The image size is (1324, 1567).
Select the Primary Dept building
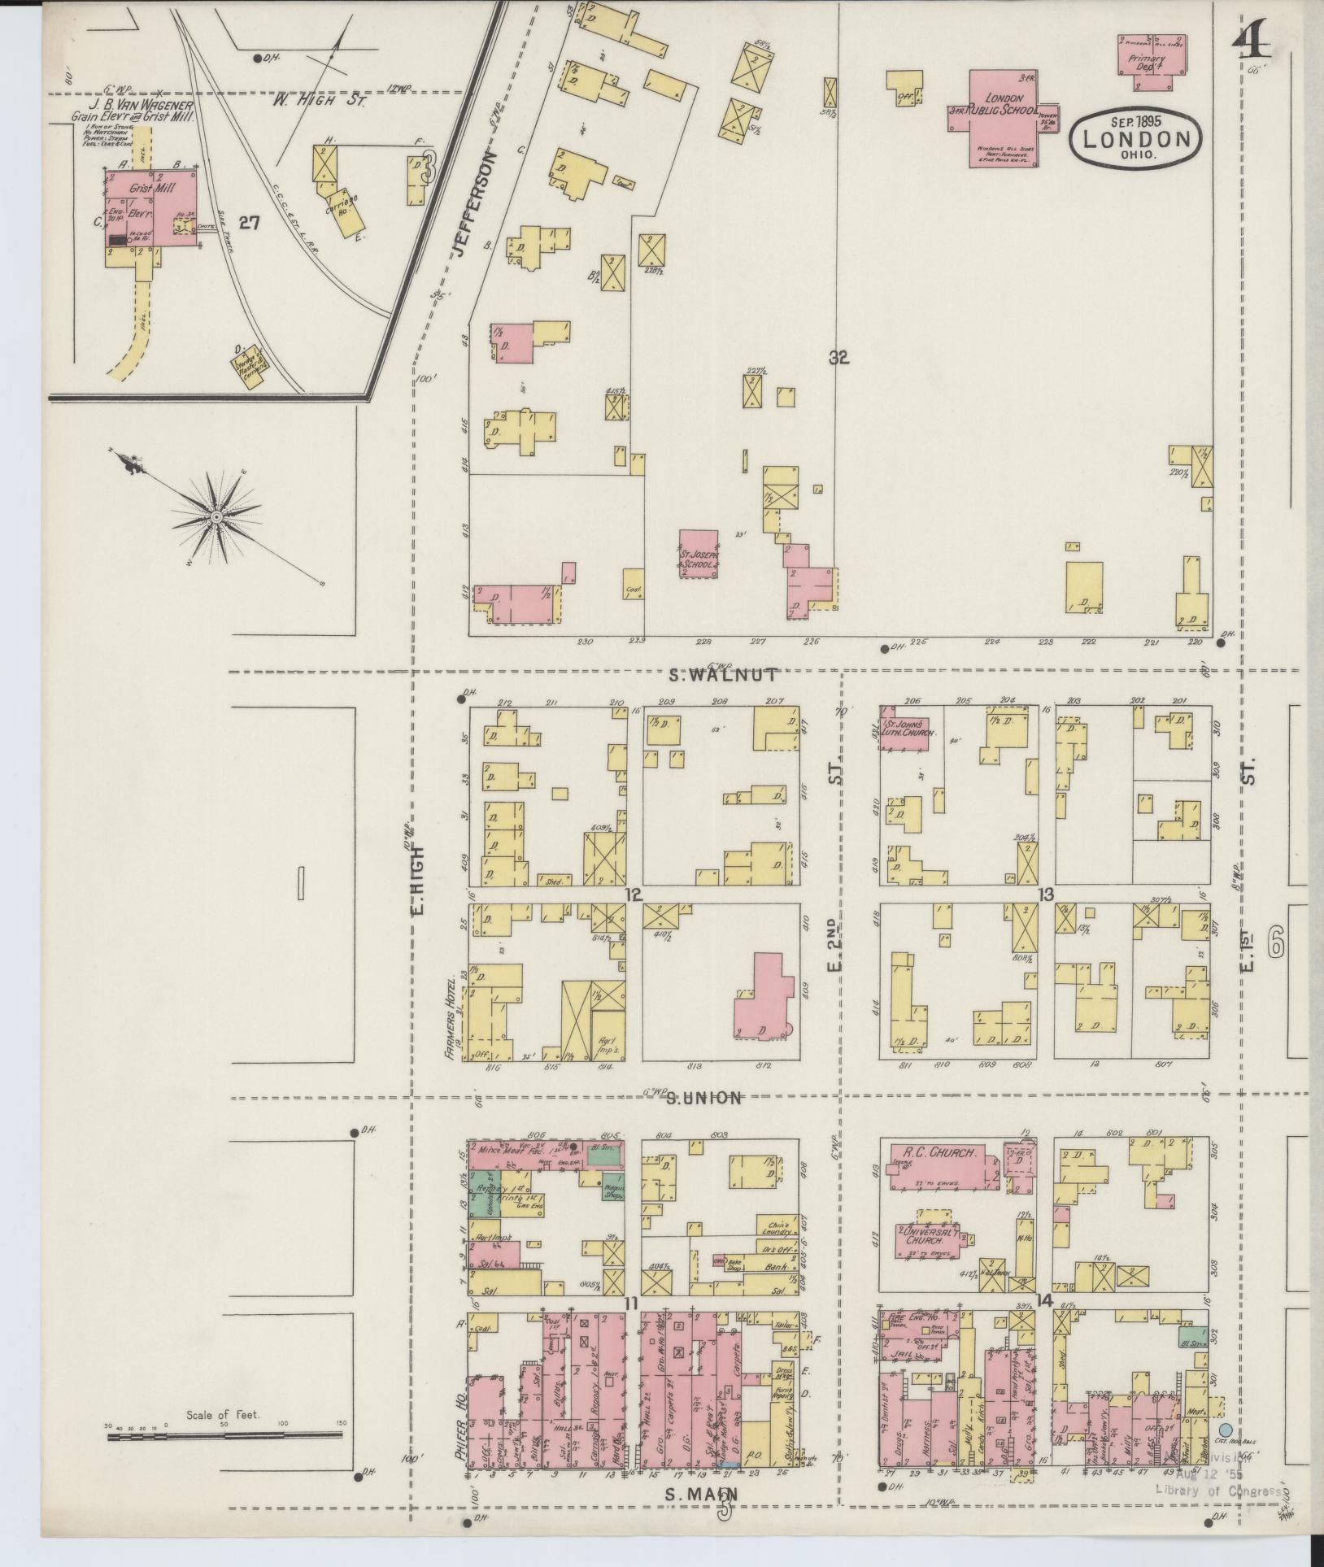tap(1150, 62)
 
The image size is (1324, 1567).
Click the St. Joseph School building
tap(699, 554)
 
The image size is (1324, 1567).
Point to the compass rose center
tap(217, 517)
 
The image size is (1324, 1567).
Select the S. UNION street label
tap(703, 1098)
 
